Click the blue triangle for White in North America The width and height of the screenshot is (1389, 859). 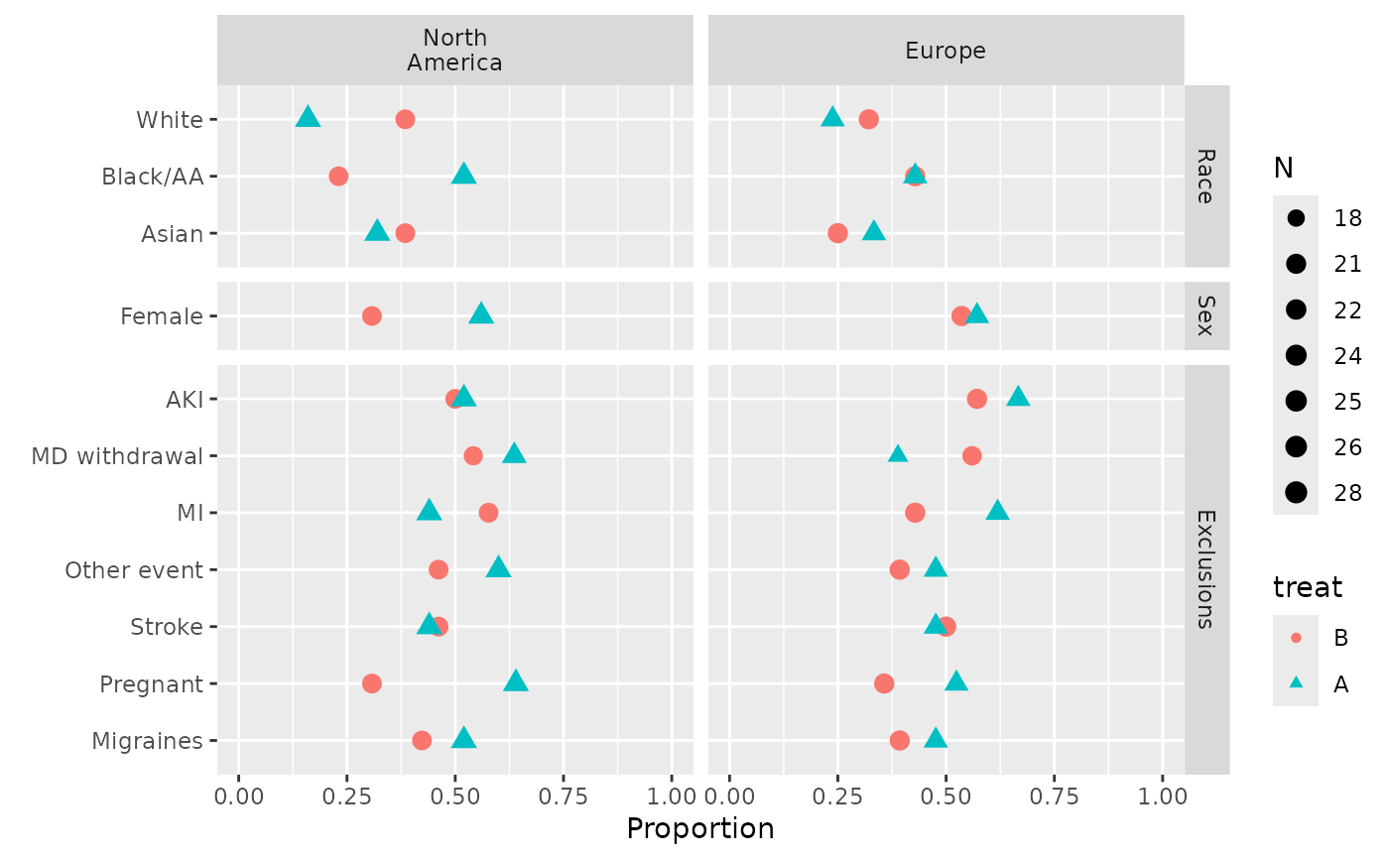[309, 117]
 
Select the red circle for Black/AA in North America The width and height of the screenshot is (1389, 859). [338, 177]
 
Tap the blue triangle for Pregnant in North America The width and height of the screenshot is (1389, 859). [516, 680]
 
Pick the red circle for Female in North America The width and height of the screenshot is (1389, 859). [372, 316]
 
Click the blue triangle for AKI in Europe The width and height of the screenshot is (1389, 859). [1018, 397]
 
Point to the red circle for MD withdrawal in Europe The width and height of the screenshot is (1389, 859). [972, 455]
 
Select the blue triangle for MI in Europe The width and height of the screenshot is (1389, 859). [998, 510]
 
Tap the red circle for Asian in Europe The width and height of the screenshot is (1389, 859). [837, 233]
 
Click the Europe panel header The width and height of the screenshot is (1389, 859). [946, 51]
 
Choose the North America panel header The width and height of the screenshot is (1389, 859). [455, 51]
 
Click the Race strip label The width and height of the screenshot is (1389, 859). [1205, 177]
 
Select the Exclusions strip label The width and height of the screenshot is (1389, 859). [1205, 569]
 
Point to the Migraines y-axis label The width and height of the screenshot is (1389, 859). [147, 741]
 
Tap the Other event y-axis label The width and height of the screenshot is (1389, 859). [134, 570]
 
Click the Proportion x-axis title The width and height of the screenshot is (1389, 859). [699, 828]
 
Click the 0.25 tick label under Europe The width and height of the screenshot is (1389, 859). [837, 797]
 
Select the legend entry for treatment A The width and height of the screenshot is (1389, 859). [1296, 683]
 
